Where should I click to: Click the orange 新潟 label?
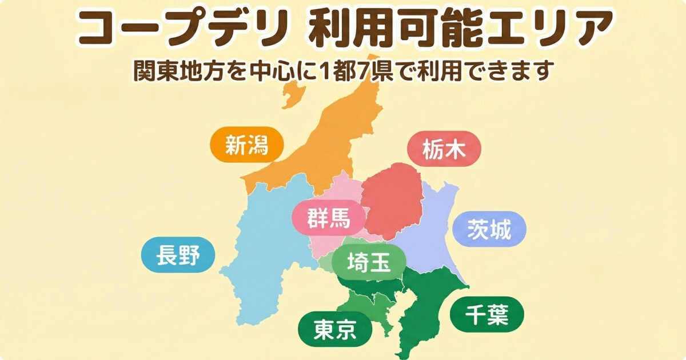[x=246, y=145]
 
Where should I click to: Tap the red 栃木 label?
[x=444, y=150]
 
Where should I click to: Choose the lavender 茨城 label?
[x=489, y=229]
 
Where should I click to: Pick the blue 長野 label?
[x=178, y=255]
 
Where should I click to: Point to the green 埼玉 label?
[x=369, y=263]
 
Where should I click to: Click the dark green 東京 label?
[x=335, y=329]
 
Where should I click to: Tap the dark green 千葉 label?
[x=486, y=314]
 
